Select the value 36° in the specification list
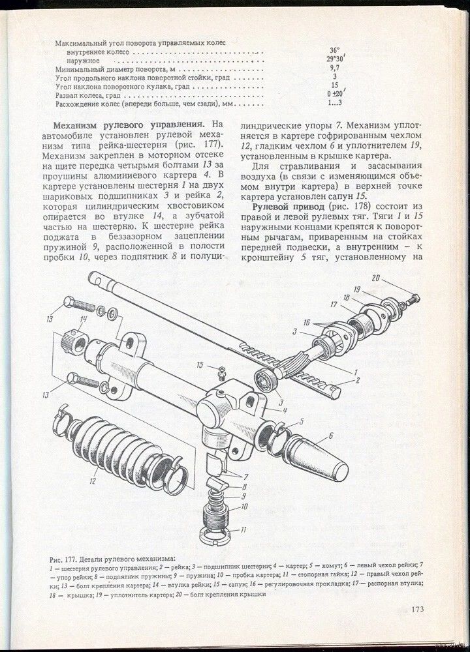pyautogui.click(x=335, y=50)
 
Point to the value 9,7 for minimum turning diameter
pyautogui.click(x=335, y=67)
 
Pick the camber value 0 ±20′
pyautogui.click(x=336, y=93)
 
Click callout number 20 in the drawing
pyautogui.click(x=375, y=279)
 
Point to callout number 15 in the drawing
pyautogui.click(x=200, y=364)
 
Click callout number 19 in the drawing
pyautogui.click(x=357, y=289)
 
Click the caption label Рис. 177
pyautogui.click(x=65, y=559)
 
